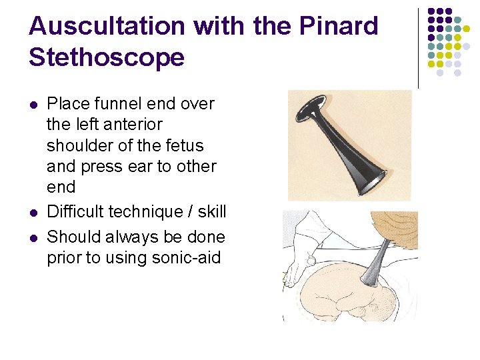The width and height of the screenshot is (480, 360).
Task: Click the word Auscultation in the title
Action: [107, 26]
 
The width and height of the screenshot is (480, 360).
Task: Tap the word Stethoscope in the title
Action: [107, 57]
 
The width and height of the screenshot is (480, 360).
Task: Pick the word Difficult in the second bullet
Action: [76, 212]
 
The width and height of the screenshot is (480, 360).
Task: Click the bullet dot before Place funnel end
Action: [34, 105]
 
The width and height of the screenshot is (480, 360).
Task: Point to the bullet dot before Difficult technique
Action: [34, 213]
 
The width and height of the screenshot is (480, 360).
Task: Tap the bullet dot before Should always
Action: [34, 237]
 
